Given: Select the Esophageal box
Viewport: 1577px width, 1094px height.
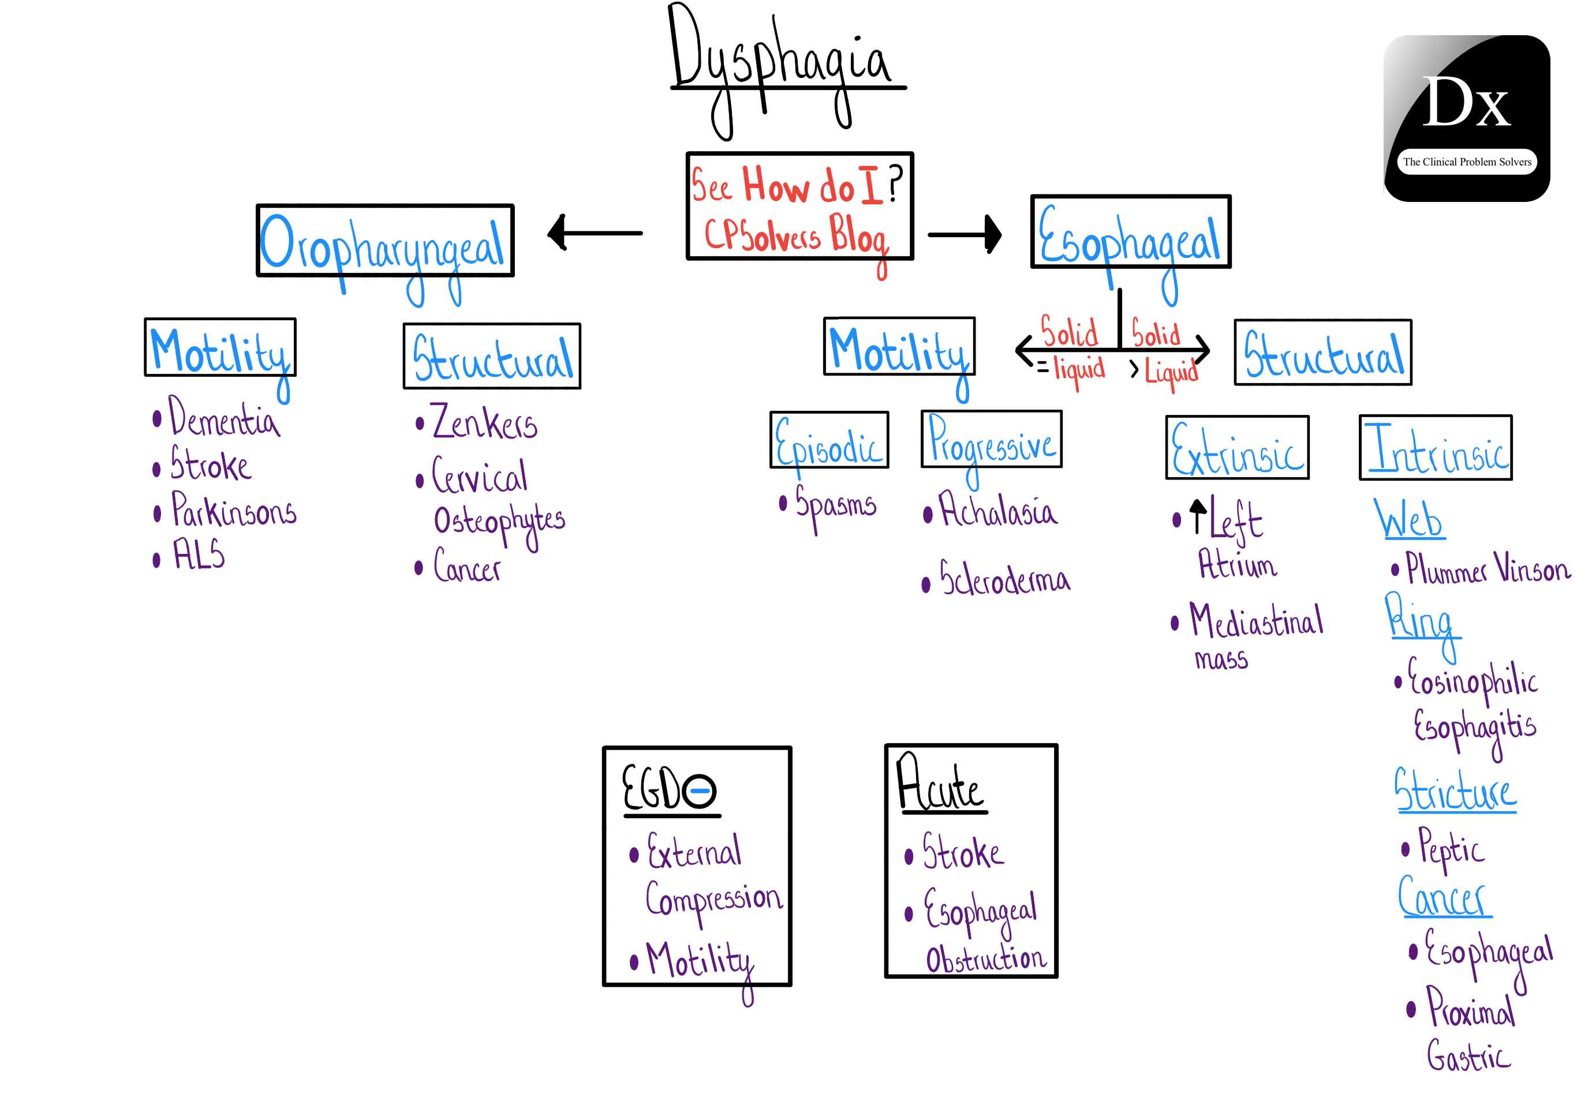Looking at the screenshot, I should point(1130,233).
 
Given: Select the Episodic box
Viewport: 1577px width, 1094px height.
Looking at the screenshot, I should point(828,440).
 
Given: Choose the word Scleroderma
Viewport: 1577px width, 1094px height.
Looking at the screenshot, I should point(1004,579).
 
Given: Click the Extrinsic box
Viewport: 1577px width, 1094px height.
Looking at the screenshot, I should point(1236,448).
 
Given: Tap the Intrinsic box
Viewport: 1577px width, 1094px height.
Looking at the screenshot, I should point(1434,448).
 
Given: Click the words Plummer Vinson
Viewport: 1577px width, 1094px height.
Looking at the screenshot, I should point(1486,569).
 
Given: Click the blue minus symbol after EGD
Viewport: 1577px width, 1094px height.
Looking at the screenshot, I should point(700,790).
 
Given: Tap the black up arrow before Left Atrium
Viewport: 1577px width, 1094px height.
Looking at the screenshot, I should point(1197,515).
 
